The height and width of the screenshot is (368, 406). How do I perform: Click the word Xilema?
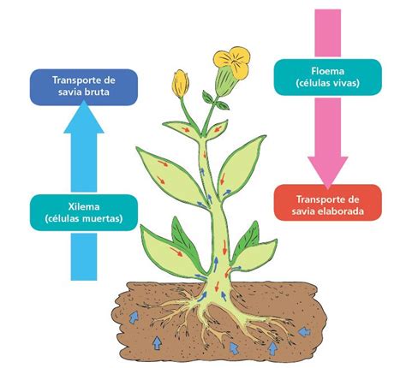[x=84, y=206]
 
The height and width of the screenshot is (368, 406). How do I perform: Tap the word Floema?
[x=328, y=71]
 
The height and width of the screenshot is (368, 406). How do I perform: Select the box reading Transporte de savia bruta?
[x=84, y=87]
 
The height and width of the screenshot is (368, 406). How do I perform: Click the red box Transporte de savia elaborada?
[x=328, y=203]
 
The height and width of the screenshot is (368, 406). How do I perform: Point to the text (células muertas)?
[x=84, y=219]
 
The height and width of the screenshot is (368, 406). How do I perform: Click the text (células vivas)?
[x=328, y=83]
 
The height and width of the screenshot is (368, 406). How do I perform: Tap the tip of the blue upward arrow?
[x=84, y=100]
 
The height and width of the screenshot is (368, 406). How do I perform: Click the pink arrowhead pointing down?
[x=328, y=172]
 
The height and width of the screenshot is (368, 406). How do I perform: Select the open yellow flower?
[x=232, y=62]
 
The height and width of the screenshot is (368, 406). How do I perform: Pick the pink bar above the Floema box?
[x=328, y=33]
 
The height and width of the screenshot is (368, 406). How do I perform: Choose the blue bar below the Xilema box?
[x=84, y=257]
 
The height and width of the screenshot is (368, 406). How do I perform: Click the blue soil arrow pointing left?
[x=305, y=331]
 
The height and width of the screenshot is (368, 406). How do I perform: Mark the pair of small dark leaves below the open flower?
[x=215, y=100]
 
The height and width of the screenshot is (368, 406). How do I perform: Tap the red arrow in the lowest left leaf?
[x=176, y=252]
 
